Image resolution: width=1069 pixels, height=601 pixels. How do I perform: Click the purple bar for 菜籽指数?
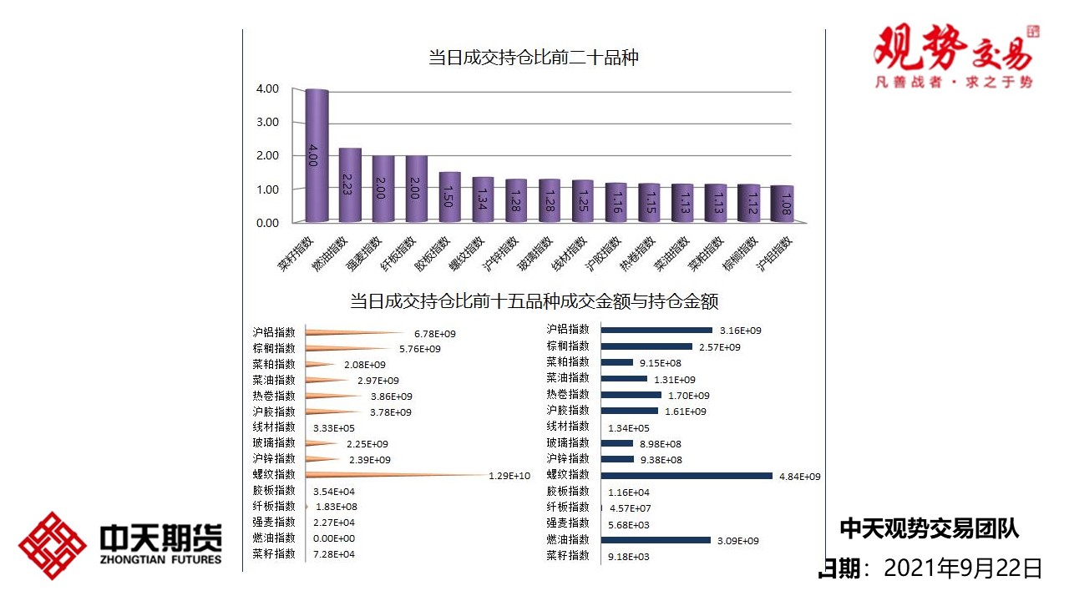pyautogui.click(x=317, y=155)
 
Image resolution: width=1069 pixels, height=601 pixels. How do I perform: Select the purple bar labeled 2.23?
pyautogui.click(x=350, y=184)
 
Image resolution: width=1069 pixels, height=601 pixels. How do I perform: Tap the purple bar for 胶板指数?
pyautogui.click(x=450, y=197)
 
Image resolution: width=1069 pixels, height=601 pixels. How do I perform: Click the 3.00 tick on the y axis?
pyautogui.click(x=268, y=122)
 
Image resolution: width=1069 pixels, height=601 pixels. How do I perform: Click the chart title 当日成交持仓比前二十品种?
pyautogui.click(x=533, y=58)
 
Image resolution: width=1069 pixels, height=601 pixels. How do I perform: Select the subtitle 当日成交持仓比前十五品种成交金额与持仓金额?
pyautogui.click(x=534, y=300)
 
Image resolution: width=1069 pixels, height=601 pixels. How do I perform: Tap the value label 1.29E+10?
pyautogui.click(x=509, y=476)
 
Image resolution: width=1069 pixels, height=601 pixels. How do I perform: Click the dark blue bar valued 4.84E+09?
pyautogui.click(x=686, y=476)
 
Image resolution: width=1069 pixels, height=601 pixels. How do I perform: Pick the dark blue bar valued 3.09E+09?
pyautogui.click(x=656, y=540)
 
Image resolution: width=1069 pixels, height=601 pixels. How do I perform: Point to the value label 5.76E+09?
pyautogui.click(x=419, y=349)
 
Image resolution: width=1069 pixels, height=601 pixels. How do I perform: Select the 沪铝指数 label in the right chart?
pyautogui.click(x=568, y=330)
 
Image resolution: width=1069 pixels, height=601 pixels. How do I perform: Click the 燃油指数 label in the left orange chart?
pyautogui.click(x=274, y=538)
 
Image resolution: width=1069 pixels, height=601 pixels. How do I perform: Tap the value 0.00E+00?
pyautogui.click(x=333, y=539)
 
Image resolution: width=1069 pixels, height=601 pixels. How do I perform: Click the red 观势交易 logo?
pyautogui.click(x=954, y=55)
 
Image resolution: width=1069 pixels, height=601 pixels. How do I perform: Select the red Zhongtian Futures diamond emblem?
pyautogui.click(x=53, y=545)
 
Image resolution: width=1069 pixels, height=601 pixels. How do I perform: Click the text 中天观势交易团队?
pyautogui.click(x=929, y=528)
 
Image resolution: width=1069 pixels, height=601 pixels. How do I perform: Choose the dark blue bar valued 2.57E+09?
pyautogui.click(x=646, y=346)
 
